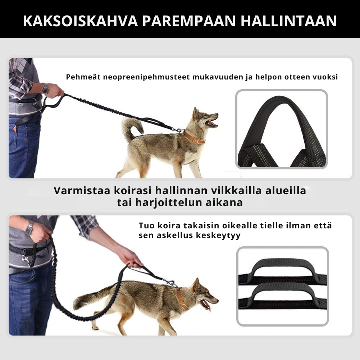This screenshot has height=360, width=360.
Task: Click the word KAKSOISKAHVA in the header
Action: click(x=80, y=21)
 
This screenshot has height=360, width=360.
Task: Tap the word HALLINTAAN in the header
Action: click(x=289, y=21)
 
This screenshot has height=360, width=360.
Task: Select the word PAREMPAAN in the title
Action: click(x=189, y=21)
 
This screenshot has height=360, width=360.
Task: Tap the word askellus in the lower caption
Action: click(x=174, y=235)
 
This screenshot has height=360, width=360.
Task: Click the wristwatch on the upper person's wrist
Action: click(x=45, y=88)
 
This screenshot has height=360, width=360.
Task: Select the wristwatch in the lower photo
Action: click(x=29, y=228)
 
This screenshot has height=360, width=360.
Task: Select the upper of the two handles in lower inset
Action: click(x=283, y=269)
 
